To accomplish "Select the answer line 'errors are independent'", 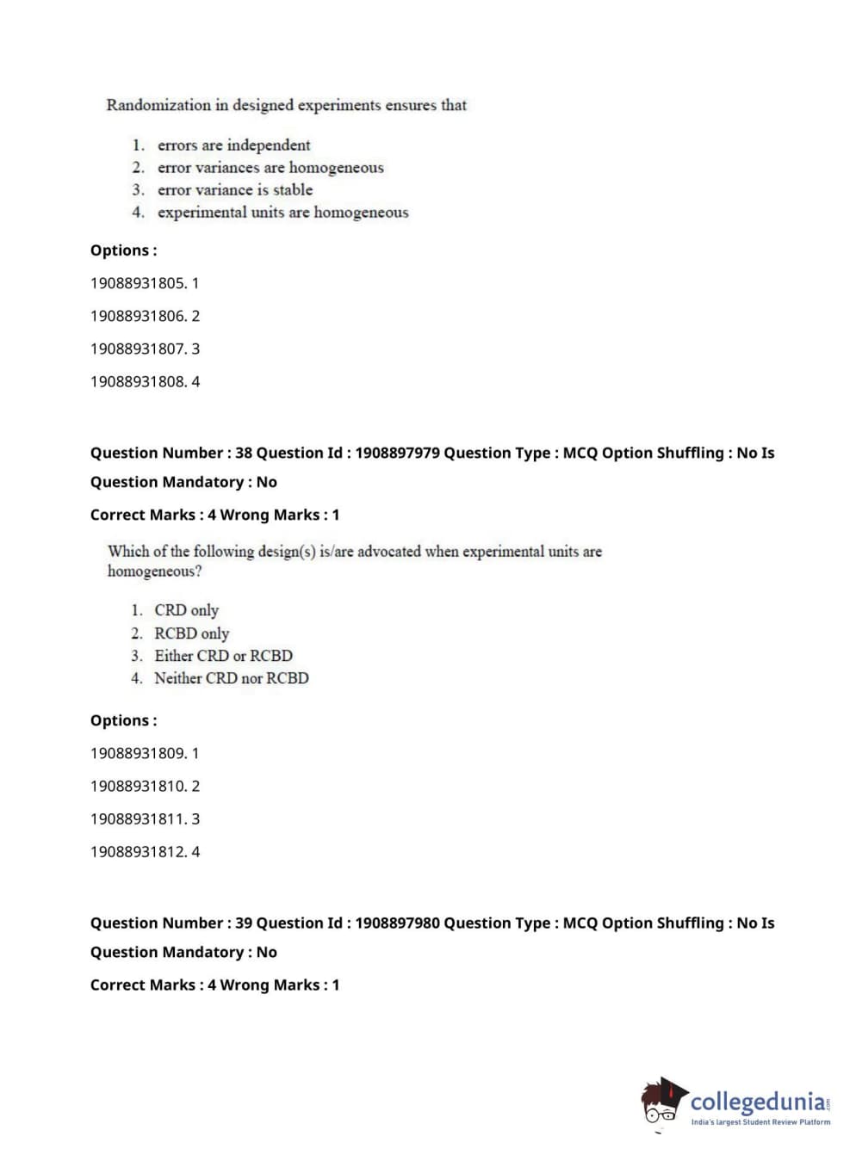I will pyautogui.click(x=233, y=145).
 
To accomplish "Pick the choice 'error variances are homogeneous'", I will pyautogui.click(x=270, y=168).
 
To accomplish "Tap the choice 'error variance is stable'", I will pyautogui.click(x=235, y=190).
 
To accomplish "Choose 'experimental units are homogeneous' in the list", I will pyautogui.click(x=282, y=213).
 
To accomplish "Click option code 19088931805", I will pyautogui.click(x=138, y=283).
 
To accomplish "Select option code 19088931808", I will pyautogui.click(x=138, y=381).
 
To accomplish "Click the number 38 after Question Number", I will pyautogui.click(x=244, y=453).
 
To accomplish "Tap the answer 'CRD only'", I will pyautogui.click(x=186, y=610).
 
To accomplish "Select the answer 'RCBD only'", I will pyautogui.click(x=191, y=633).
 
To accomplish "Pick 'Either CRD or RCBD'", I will pyautogui.click(x=223, y=656).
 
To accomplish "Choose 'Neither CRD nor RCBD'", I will pyautogui.click(x=231, y=678).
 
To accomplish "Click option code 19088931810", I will pyautogui.click(x=138, y=786).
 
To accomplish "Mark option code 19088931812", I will pyautogui.click(x=138, y=851).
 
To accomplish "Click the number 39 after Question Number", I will pyautogui.click(x=244, y=923).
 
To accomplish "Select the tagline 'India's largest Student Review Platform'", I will pyautogui.click(x=760, y=1122).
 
